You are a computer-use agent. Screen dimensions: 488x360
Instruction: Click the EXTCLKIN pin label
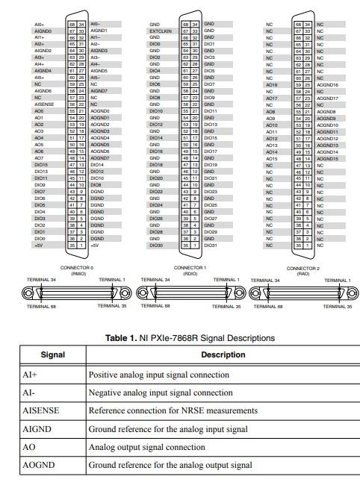point(158,31)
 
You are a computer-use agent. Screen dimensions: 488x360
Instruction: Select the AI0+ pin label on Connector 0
point(40,24)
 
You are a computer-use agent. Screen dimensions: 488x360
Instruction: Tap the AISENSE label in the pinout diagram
point(43,104)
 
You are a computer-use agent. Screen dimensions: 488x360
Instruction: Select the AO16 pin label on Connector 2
point(271,84)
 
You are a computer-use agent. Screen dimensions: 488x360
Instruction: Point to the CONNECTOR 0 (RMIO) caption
point(76,270)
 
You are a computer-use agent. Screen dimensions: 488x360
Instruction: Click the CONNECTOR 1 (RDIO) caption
point(190,270)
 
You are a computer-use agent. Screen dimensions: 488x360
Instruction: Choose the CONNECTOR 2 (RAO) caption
point(302,270)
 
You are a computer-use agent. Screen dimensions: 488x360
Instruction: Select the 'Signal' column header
point(52,355)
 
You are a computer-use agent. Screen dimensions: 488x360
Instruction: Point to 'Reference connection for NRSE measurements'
point(173,410)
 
